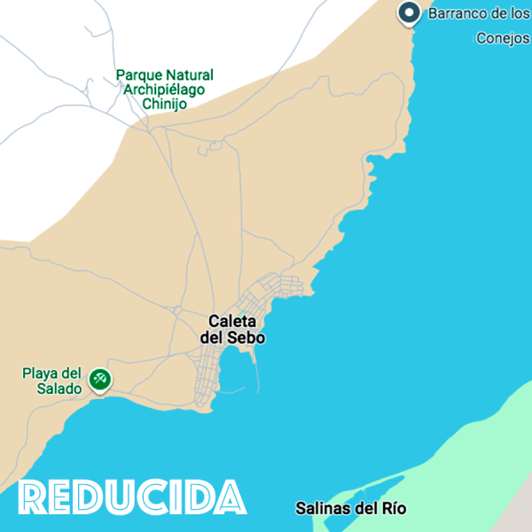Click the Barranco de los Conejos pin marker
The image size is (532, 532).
(409, 13)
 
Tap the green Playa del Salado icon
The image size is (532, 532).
(100, 380)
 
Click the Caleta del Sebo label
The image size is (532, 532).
(232, 329)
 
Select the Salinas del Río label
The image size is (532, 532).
(350, 509)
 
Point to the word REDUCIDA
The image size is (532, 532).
(132, 497)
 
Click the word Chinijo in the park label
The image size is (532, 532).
(164, 104)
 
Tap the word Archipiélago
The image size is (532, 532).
(164, 90)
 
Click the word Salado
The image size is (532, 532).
(61, 388)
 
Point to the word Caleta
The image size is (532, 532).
(232, 321)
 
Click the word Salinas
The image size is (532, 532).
(319, 509)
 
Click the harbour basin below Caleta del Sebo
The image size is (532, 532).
(235, 372)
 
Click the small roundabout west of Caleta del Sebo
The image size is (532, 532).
(178, 309)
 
